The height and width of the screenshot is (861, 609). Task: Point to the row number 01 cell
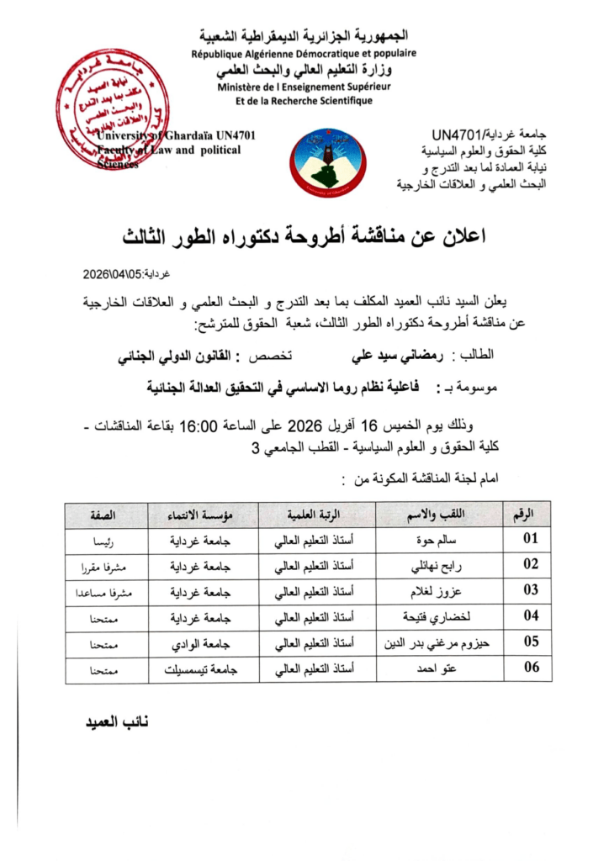[x=529, y=538]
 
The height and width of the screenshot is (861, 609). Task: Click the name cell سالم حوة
[x=429, y=539]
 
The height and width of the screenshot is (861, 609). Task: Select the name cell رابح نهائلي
[x=429, y=565]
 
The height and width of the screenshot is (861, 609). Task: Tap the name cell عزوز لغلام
[x=429, y=591]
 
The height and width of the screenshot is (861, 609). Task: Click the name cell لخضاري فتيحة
[x=429, y=617]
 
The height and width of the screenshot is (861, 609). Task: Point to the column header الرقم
[x=529, y=513]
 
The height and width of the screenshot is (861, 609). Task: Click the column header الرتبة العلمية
[x=316, y=513]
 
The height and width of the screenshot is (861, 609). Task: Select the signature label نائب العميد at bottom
[x=111, y=722]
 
